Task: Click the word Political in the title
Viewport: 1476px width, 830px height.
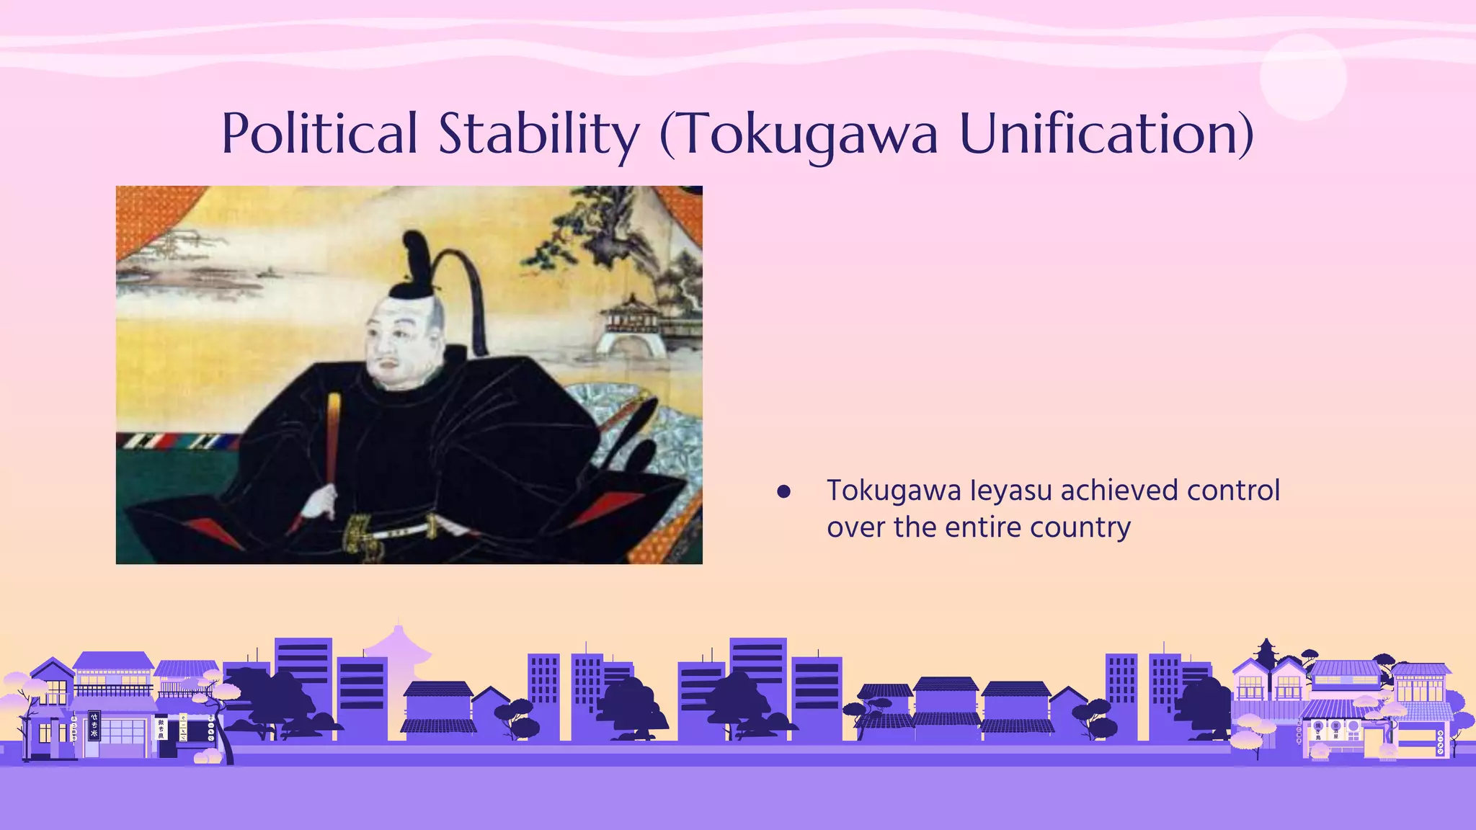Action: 319,133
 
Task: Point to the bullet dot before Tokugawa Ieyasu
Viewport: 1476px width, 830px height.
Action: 784,492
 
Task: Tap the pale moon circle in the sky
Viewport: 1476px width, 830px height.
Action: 1303,77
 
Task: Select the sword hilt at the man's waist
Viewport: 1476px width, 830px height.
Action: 360,532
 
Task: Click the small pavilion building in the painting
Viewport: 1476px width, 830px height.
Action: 633,324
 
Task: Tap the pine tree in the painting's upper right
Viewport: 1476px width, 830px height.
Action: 591,231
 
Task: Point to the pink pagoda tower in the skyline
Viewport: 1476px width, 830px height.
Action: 398,648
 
